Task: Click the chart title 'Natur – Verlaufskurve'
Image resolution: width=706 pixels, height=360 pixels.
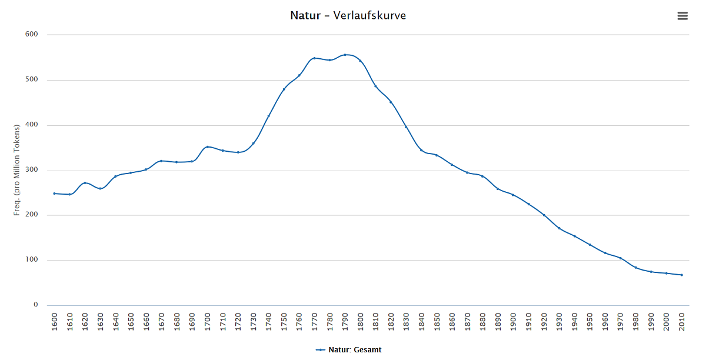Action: pyautogui.click(x=348, y=15)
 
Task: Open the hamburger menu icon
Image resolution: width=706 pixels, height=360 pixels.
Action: pyautogui.click(x=682, y=16)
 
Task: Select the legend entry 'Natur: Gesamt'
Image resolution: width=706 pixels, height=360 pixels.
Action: pyautogui.click(x=348, y=350)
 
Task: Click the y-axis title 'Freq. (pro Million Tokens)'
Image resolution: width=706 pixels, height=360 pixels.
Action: pyautogui.click(x=17, y=170)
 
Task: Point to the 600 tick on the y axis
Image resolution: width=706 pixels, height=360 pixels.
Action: pyautogui.click(x=32, y=35)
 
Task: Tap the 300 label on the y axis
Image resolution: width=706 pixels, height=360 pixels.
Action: pyautogui.click(x=32, y=171)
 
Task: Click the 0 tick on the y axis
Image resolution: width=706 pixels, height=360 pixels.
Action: pyautogui.click(x=35, y=305)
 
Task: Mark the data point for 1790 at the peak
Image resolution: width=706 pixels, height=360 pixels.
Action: pyautogui.click(x=345, y=55)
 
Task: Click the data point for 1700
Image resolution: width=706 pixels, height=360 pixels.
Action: pyautogui.click(x=207, y=147)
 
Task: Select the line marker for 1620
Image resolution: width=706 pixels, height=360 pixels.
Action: pyautogui.click(x=85, y=183)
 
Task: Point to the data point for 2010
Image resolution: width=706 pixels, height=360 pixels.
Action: pyautogui.click(x=681, y=275)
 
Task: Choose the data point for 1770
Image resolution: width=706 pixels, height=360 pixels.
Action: pyautogui.click(x=314, y=58)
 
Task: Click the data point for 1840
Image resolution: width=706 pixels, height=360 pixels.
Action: pyautogui.click(x=421, y=150)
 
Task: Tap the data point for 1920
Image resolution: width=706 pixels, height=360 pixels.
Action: pyautogui.click(x=544, y=215)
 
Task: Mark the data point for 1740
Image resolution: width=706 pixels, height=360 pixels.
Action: pyautogui.click(x=268, y=116)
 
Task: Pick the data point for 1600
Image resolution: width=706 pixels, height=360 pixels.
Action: pyautogui.click(x=54, y=194)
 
